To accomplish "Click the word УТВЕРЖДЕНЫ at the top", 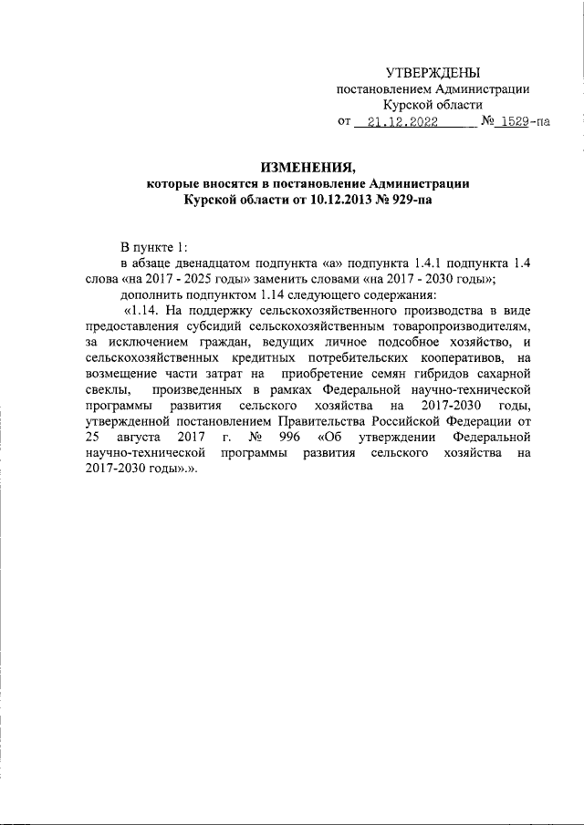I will coord(433,73).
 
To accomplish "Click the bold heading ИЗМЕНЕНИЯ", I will coord(308,167).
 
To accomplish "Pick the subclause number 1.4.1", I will coord(434,263).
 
